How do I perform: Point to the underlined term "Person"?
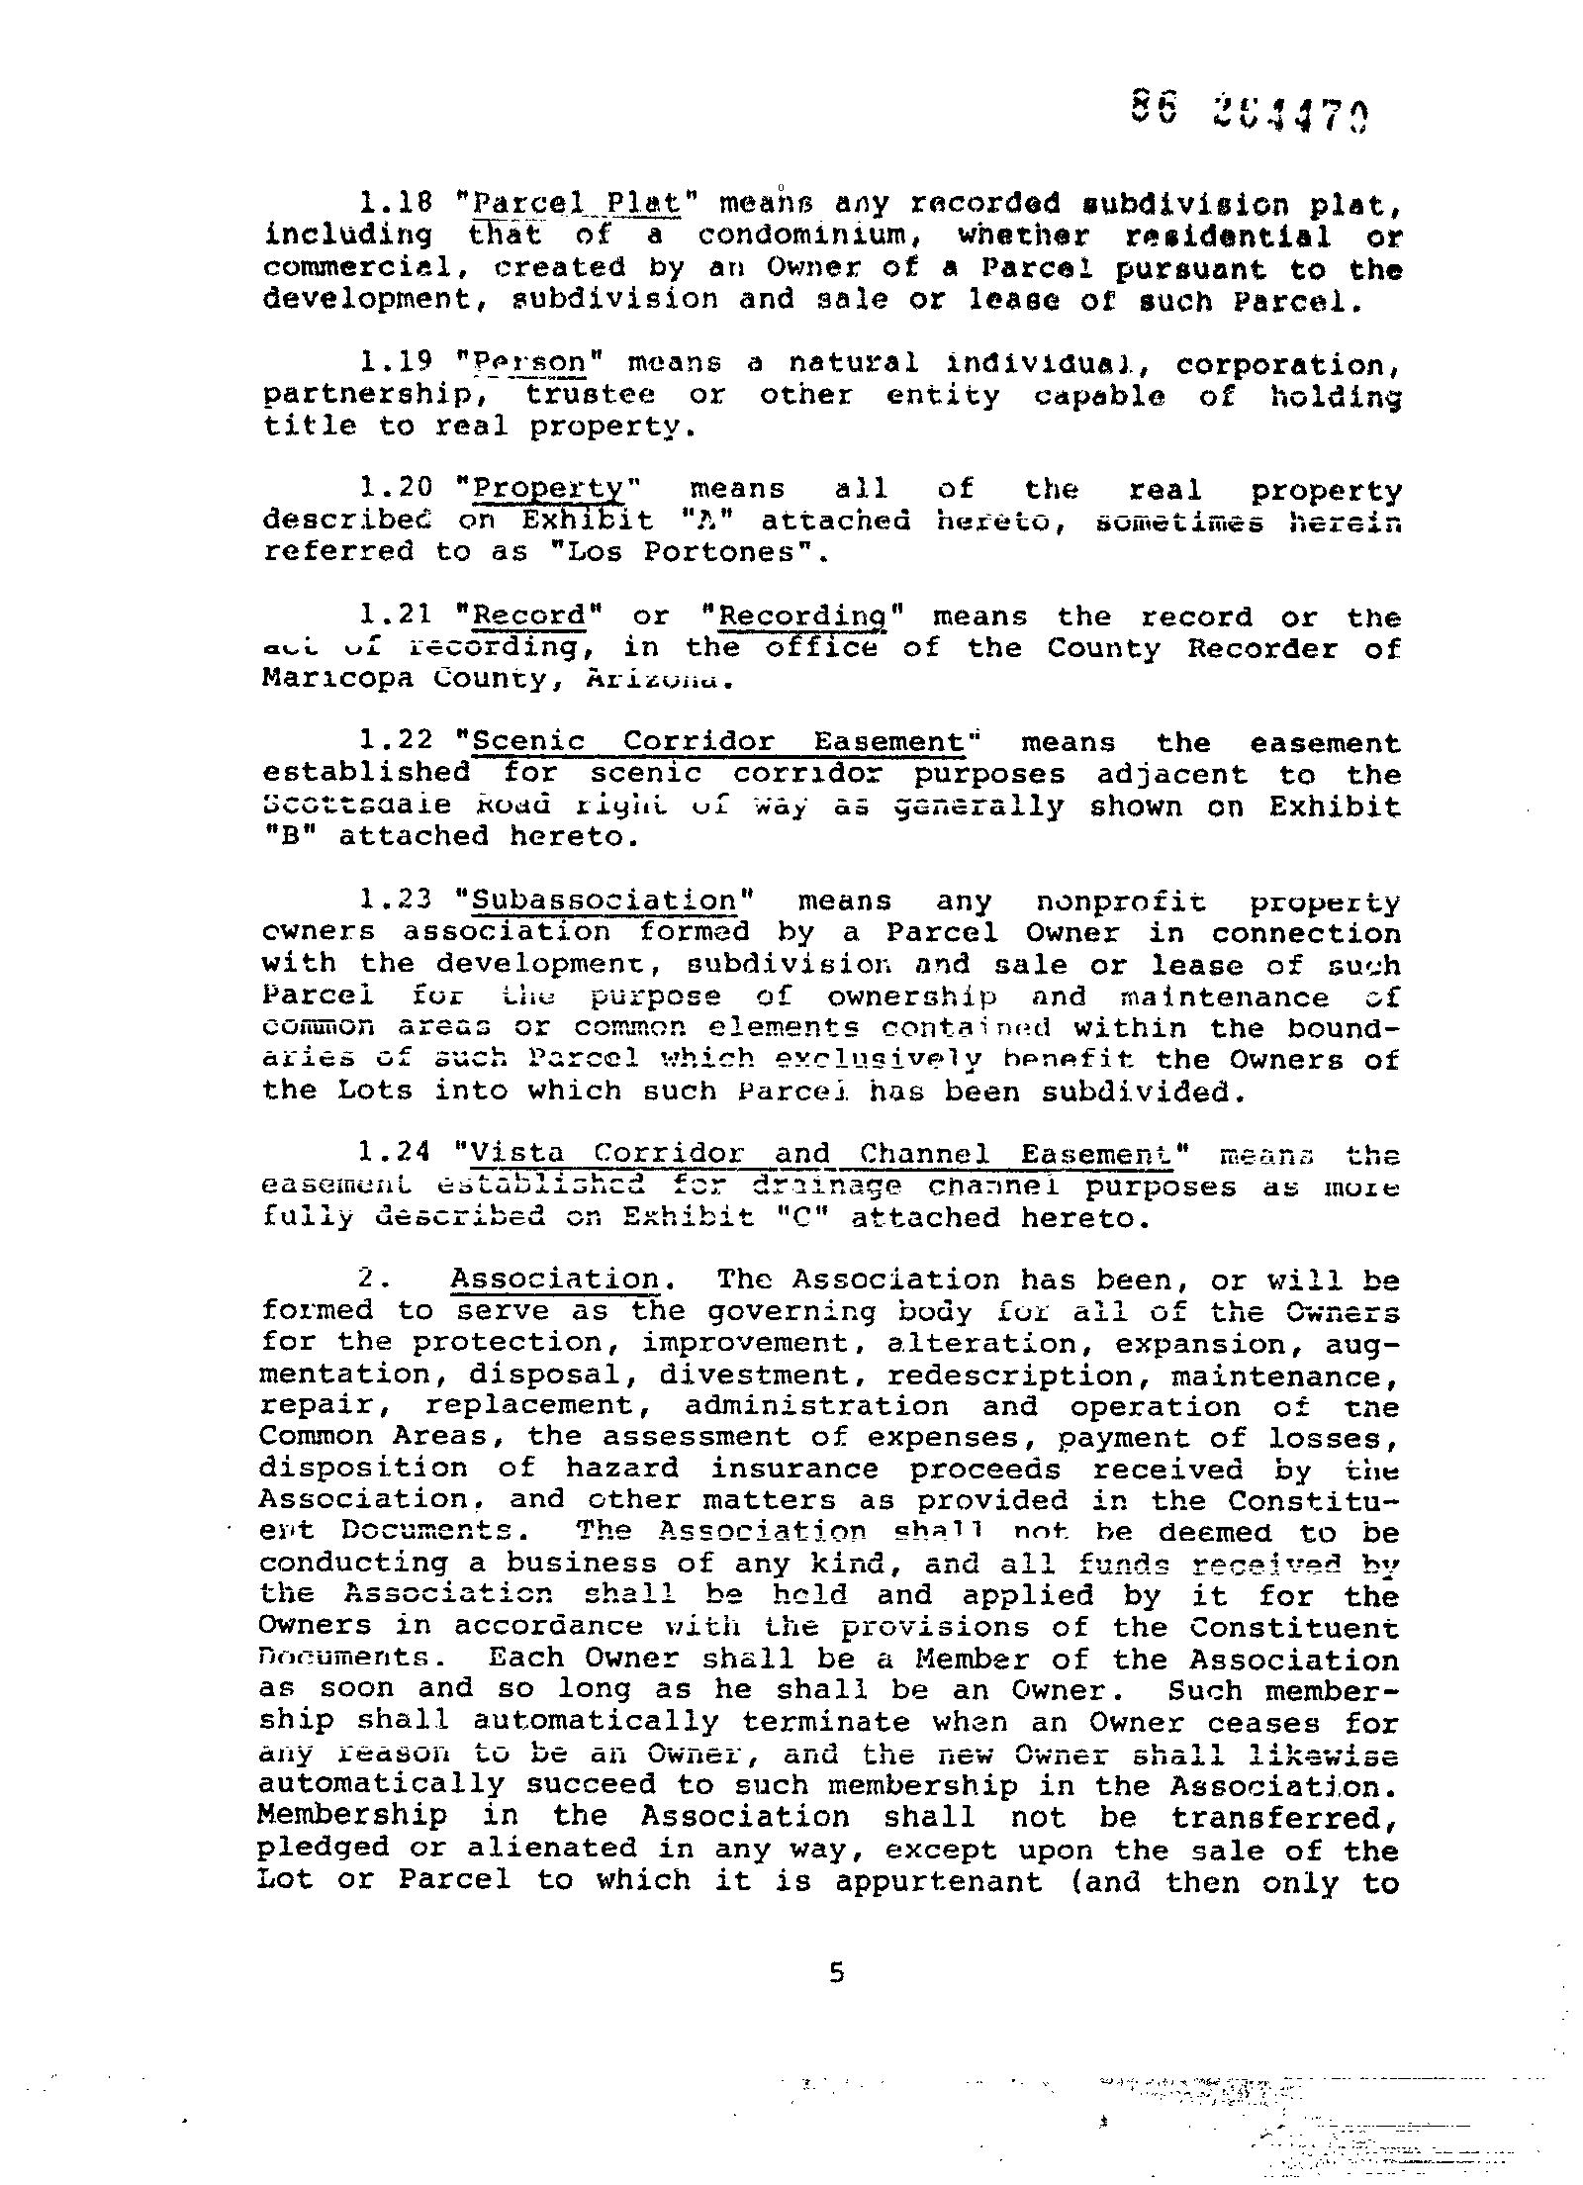(x=529, y=364)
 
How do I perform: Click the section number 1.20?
(x=396, y=489)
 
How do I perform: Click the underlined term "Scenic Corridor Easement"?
(x=718, y=742)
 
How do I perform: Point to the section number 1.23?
(x=396, y=901)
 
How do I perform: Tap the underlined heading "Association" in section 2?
(x=555, y=1280)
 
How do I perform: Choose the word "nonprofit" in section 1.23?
(x=1121, y=902)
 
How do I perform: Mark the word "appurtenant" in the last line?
(x=938, y=1881)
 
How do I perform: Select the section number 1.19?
(x=396, y=364)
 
